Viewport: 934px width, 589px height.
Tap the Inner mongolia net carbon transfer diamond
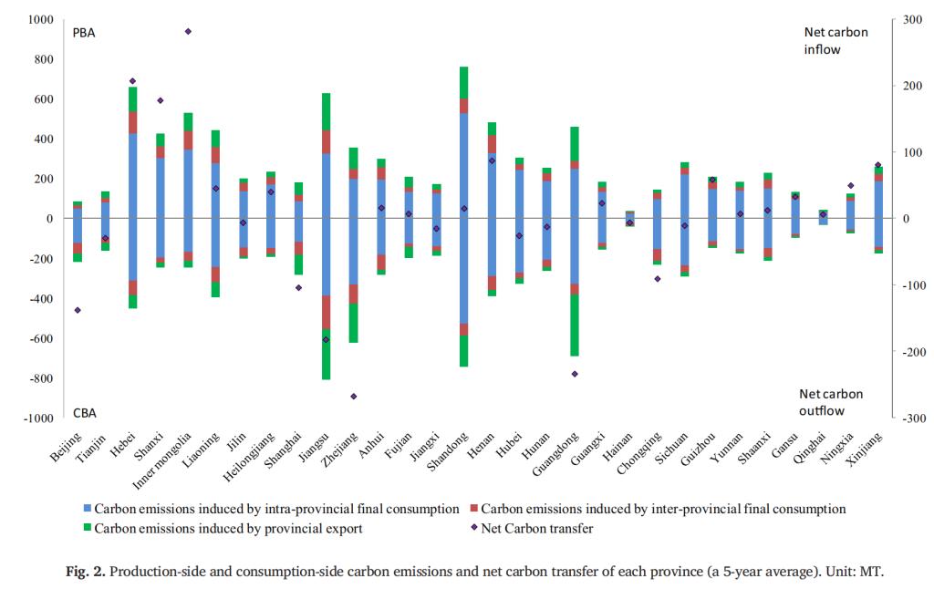click(188, 31)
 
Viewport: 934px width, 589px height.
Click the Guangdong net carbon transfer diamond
click(575, 374)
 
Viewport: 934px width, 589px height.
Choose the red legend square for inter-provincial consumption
click(472, 509)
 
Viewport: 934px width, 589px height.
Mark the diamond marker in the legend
click(472, 526)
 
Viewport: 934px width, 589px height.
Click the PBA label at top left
click(85, 33)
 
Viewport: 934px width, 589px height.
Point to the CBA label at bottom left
click(85, 413)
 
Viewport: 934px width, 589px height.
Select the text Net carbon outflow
click(831, 402)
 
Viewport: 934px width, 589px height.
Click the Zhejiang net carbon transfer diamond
click(353, 396)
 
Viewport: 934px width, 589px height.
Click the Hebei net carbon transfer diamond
click(132, 81)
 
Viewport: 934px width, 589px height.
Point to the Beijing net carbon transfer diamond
click(78, 310)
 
